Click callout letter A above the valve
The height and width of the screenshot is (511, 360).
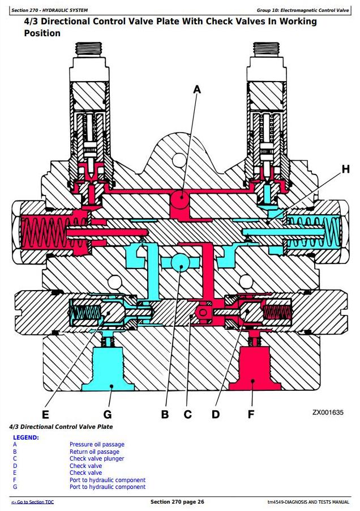[197, 89]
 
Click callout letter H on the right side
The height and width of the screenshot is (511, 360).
[345, 168]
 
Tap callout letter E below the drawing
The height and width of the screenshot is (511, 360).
[45, 414]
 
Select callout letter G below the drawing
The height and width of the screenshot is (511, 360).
[108, 414]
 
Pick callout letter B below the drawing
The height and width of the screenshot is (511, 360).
[165, 414]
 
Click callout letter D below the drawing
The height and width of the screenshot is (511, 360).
[216, 414]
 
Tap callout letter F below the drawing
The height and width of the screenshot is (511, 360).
[251, 414]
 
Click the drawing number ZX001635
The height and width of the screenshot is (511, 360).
[328, 412]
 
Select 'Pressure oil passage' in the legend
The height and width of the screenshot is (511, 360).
[97, 445]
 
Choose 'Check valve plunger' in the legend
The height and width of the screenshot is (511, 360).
[97, 459]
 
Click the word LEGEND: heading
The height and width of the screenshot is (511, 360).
[25, 437]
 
